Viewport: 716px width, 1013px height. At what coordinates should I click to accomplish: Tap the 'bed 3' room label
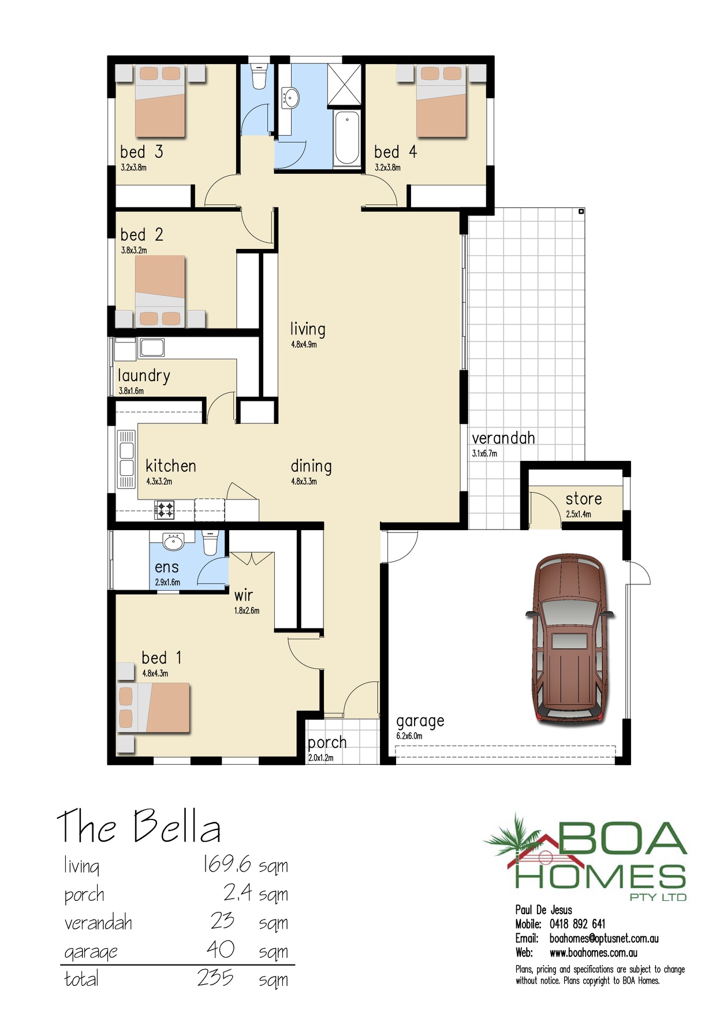pyautogui.click(x=141, y=152)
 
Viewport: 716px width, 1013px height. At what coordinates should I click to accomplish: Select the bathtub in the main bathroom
pyautogui.click(x=347, y=137)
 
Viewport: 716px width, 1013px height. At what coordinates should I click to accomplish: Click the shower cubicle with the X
pyautogui.click(x=344, y=85)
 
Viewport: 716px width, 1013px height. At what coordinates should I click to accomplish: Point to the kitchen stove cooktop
pyautogui.click(x=165, y=509)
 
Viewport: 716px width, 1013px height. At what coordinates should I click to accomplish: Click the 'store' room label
pyautogui.click(x=584, y=498)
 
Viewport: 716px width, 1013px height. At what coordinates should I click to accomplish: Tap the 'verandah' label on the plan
pyautogui.click(x=504, y=438)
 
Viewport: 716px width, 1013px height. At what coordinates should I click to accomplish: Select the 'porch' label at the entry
pyautogui.click(x=327, y=743)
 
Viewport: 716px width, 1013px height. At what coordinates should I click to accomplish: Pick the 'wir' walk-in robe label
pyautogui.click(x=244, y=595)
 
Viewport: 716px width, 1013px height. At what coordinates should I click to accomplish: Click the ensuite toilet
pyautogui.click(x=210, y=543)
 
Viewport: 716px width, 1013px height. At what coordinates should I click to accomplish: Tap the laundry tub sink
pyautogui.click(x=152, y=348)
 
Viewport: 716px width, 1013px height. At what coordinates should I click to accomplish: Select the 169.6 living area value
pyautogui.click(x=226, y=865)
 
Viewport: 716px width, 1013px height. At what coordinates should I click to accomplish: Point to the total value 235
pyautogui.click(x=215, y=978)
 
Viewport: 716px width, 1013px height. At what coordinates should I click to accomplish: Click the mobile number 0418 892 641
pyautogui.click(x=577, y=924)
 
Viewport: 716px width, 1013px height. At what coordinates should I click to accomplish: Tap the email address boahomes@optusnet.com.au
pyautogui.click(x=604, y=938)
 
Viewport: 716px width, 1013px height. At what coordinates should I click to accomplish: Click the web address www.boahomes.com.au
pyautogui.click(x=594, y=953)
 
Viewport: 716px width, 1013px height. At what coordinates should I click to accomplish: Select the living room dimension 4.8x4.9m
pyautogui.click(x=304, y=345)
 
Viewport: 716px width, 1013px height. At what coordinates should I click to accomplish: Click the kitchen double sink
pyautogui.click(x=126, y=459)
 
